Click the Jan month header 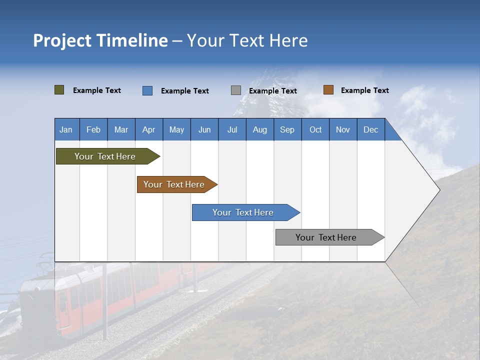click(x=66, y=129)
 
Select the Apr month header click(x=148, y=129)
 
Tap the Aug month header click(x=259, y=129)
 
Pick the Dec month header click(x=370, y=129)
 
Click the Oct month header click(x=315, y=129)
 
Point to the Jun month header click(x=204, y=129)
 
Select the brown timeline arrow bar click(x=175, y=184)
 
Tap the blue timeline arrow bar click(x=243, y=212)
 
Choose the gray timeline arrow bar click(x=327, y=237)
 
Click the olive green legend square click(x=59, y=90)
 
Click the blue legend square click(x=147, y=90)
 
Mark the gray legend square click(x=236, y=90)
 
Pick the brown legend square click(x=328, y=90)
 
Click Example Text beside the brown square click(x=364, y=90)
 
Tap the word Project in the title click(x=62, y=40)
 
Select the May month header click(x=176, y=129)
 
